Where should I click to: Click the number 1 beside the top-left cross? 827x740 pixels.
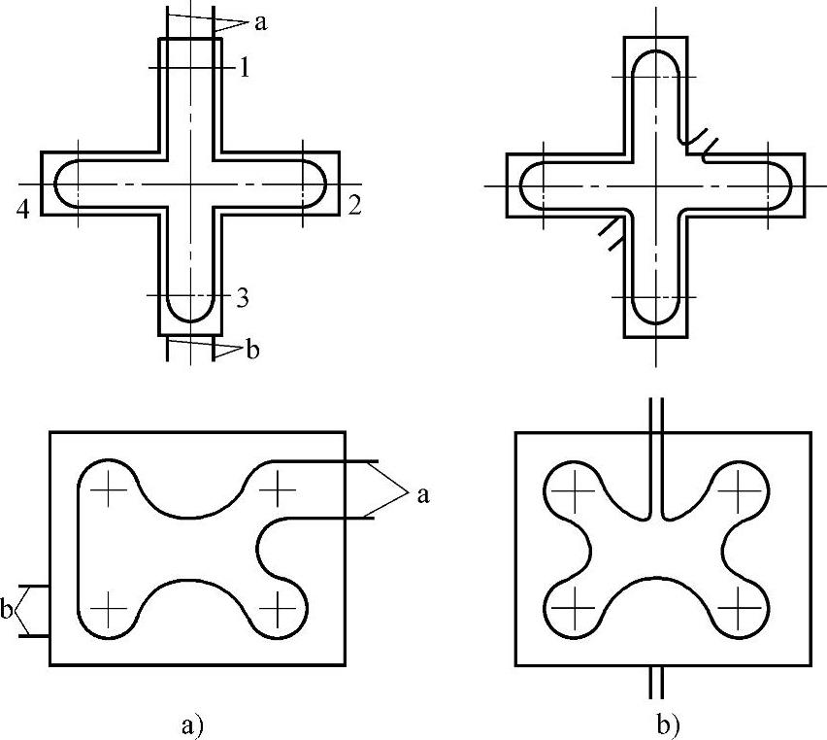coord(245,67)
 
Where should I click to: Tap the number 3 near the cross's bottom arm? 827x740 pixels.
coord(244,298)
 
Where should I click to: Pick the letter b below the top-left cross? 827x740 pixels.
coord(252,350)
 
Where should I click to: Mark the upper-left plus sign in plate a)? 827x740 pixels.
coord(108,490)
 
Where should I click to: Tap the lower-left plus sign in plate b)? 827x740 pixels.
coord(576,608)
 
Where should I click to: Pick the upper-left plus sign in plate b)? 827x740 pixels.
coord(576,490)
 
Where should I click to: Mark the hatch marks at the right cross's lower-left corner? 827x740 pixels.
coord(609,234)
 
